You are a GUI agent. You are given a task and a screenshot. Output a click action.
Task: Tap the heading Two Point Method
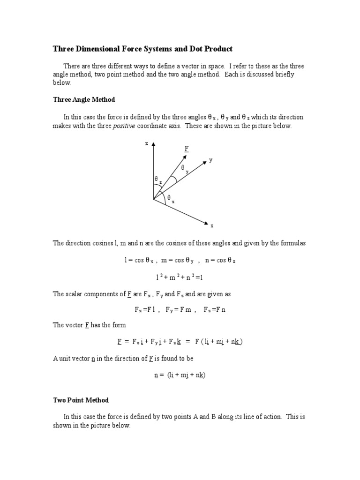(81, 400)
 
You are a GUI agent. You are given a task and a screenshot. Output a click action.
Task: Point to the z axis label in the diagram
(146, 143)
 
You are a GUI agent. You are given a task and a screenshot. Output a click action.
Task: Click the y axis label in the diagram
(211, 160)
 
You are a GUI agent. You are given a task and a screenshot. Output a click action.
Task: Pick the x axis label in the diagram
(212, 225)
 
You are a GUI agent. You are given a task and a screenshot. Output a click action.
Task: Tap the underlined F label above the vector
(186, 149)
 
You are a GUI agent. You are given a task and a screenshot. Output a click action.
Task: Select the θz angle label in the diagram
(158, 180)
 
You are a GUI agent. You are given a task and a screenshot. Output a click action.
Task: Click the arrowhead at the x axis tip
(204, 221)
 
